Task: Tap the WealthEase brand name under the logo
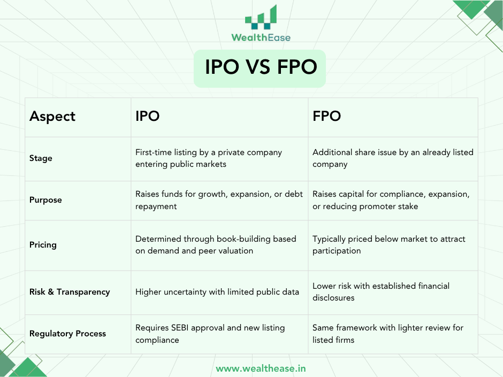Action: tap(261, 37)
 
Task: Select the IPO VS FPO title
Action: tap(261, 68)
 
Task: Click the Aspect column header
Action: tap(52, 117)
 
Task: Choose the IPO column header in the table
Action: tap(148, 117)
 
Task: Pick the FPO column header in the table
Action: tap(326, 117)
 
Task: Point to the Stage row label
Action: tap(41, 158)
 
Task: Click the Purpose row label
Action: tap(45, 200)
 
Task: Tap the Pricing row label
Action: tap(43, 245)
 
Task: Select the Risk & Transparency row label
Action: tap(70, 292)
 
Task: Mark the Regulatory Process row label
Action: tap(67, 334)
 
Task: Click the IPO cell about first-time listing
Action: tap(209, 158)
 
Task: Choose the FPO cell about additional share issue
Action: tap(393, 158)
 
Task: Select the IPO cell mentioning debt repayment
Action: tap(219, 200)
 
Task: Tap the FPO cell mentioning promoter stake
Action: tap(391, 200)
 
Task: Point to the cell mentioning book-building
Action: tap(216, 245)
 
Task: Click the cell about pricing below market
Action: tap(388, 245)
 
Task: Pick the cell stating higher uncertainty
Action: tap(217, 292)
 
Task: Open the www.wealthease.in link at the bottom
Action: tap(261, 368)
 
